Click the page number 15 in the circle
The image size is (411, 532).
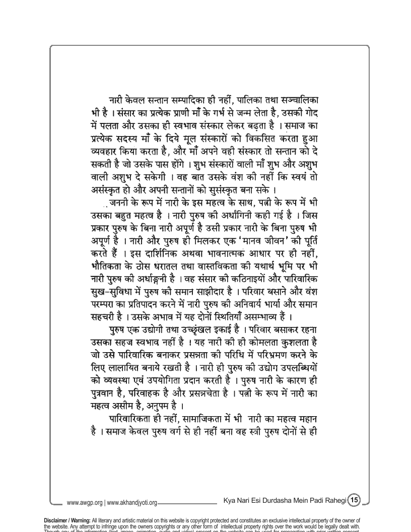click(x=354, y=500)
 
